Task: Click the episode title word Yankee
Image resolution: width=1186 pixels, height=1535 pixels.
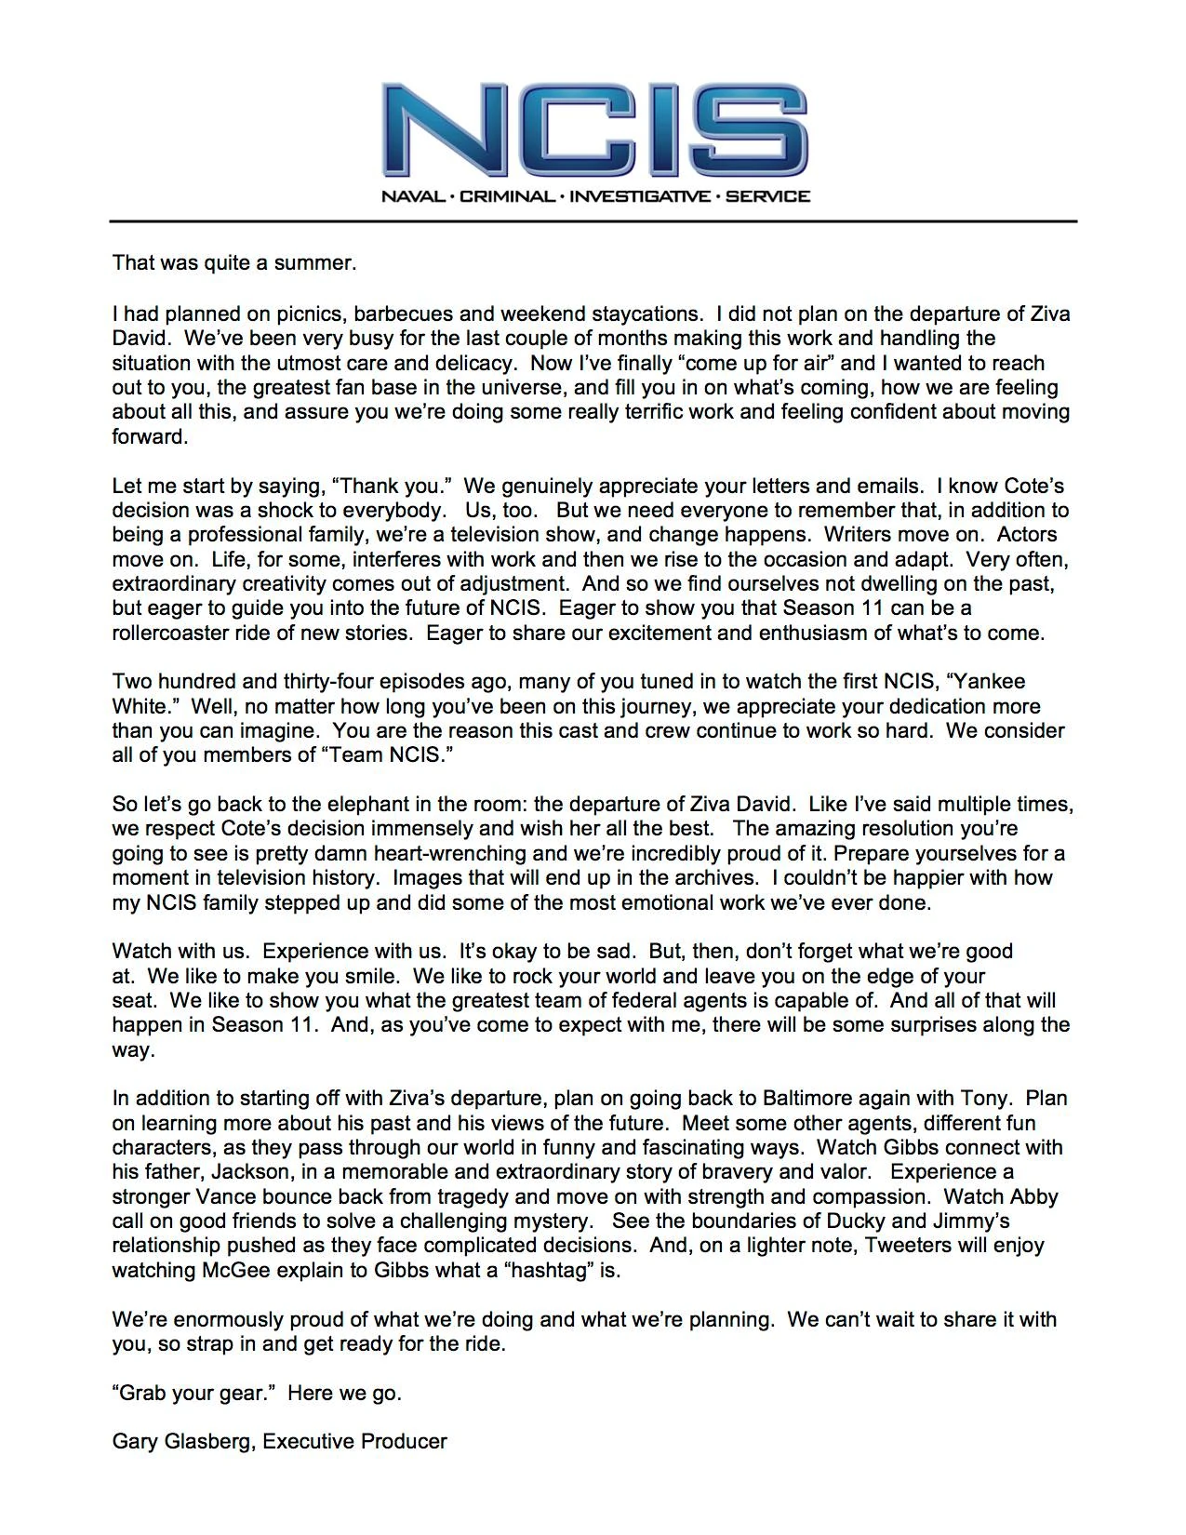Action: click(992, 682)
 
